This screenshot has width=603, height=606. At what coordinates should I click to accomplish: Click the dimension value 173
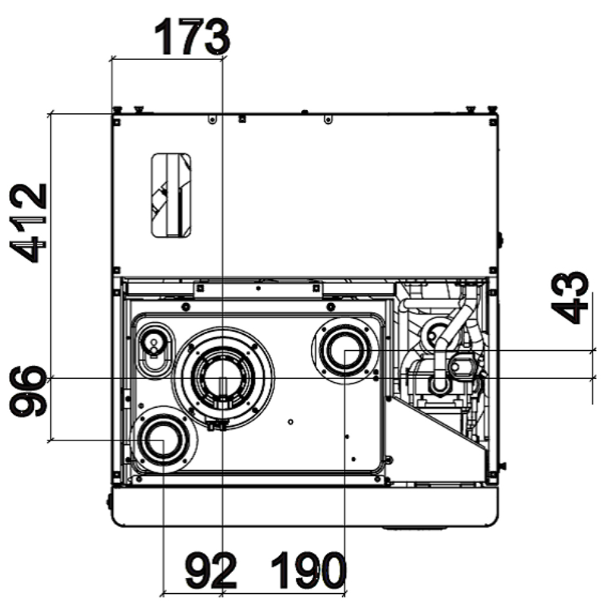click(191, 36)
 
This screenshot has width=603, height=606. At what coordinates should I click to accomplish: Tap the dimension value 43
click(570, 297)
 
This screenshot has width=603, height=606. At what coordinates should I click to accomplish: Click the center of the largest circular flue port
click(222, 377)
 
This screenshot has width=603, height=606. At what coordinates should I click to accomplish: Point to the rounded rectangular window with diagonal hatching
click(171, 195)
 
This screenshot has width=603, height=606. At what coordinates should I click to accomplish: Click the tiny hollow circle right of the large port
click(292, 421)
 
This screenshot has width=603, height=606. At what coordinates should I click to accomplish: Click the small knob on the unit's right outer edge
click(500, 240)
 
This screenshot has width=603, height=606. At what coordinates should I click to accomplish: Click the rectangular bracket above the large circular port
click(258, 288)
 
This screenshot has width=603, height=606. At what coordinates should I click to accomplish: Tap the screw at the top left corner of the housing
click(118, 119)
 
